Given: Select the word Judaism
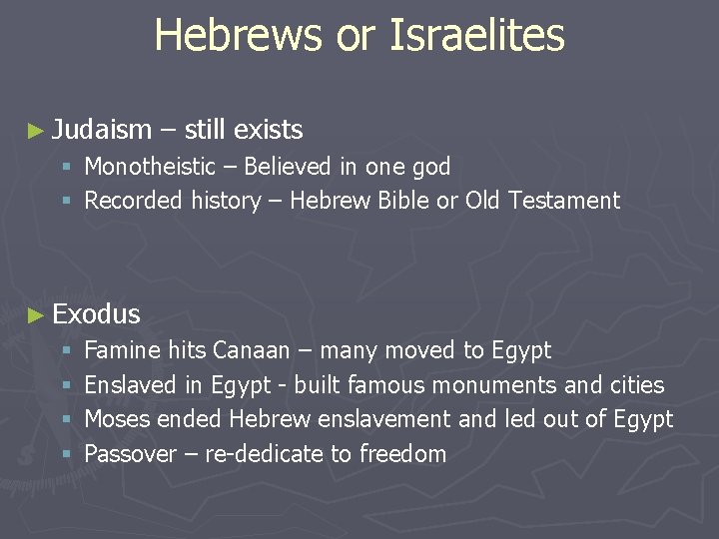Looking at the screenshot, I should point(102,130).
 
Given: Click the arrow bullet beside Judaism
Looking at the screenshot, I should point(37,131).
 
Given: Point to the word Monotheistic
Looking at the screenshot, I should point(150,167).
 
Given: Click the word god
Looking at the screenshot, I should point(430,167).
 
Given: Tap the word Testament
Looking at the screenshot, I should point(564,201).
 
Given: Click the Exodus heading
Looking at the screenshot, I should point(96,314).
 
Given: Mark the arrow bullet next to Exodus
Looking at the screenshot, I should point(37,315).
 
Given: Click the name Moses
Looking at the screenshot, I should point(117,419).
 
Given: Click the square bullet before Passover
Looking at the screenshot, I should point(66,455).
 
